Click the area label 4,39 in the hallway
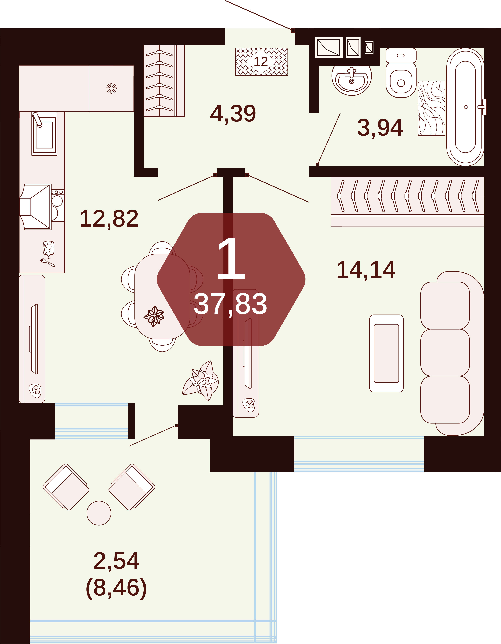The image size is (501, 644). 233,114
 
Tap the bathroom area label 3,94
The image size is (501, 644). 380,128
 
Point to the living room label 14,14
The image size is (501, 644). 366,270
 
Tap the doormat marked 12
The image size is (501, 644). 261,62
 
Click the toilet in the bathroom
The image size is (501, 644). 401,73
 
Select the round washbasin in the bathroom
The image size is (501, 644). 352,80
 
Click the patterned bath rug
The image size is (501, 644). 431,108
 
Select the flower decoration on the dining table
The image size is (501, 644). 154,316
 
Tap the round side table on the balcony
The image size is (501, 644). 99,513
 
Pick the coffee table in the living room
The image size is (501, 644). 386,353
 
